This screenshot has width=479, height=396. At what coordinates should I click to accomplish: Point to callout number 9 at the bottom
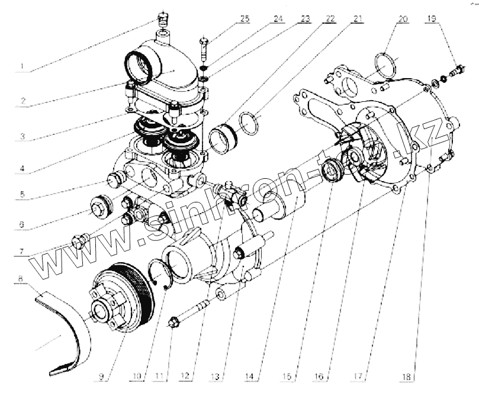click(102, 375)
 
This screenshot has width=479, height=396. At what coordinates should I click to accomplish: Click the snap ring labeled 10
click(161, 273)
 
